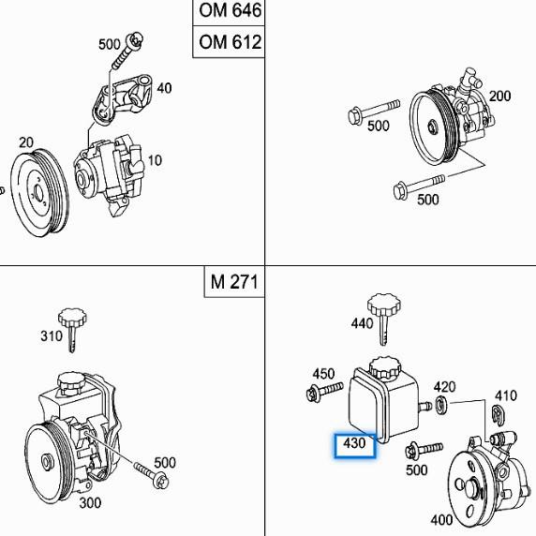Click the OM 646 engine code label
click(x=229, y=12)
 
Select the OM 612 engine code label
click(x=229, y=42)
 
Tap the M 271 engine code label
click(x=233, y=281)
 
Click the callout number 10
click(x=154, y=160)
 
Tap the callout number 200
click(x=499, y=96)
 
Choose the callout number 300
click(x=91, y=502)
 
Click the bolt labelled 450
click(x=315, y=395)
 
